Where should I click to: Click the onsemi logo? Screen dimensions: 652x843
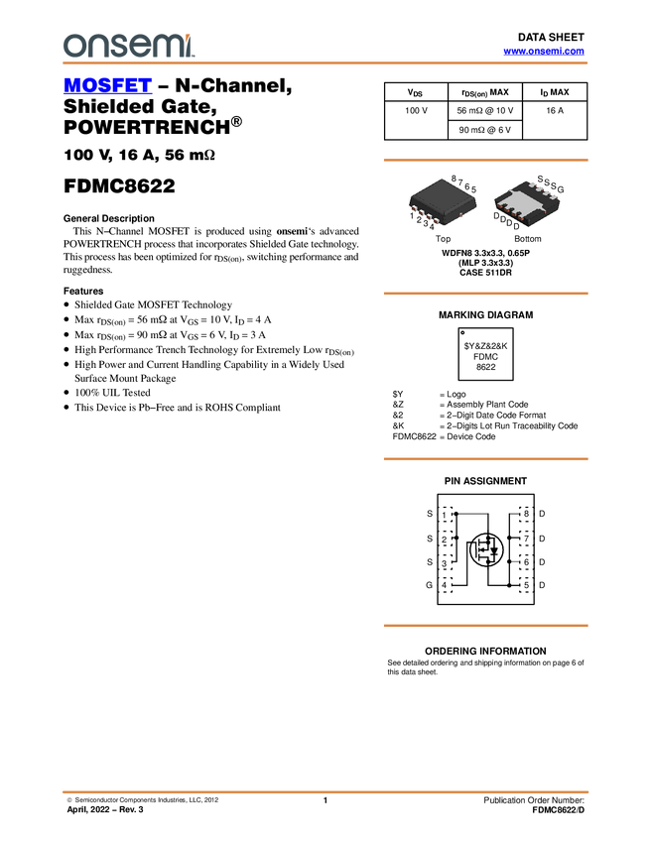coord(128,46)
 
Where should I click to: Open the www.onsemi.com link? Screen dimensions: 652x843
coord(544,51)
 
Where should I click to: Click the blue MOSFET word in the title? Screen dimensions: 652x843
coord(107,85)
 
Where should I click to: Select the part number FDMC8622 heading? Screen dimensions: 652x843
coord(119,186)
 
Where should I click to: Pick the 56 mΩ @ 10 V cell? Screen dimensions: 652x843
coord(485,111)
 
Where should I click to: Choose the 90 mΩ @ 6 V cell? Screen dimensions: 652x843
coord(485,130)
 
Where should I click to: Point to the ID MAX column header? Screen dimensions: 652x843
coord(555,92)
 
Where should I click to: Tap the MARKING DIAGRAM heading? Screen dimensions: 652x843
coord(485,315)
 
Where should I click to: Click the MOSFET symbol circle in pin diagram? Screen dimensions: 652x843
coord(486,549)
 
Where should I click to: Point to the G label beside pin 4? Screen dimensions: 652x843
coord(430,585)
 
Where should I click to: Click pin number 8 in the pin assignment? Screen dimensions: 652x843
coord(526,514)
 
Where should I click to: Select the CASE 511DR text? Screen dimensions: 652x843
coord(485,273)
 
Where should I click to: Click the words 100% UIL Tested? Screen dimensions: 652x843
coord(112,393)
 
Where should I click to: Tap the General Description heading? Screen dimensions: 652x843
coord(109,218)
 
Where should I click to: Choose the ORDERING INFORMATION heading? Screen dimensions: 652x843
coord(485,651)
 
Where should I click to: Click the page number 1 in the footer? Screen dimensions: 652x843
coord(326,800)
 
